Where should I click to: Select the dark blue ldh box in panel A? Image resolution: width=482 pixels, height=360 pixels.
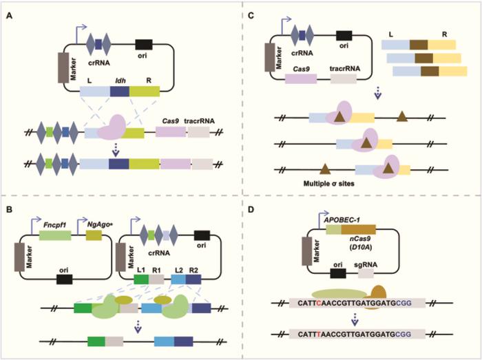(120, 91)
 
